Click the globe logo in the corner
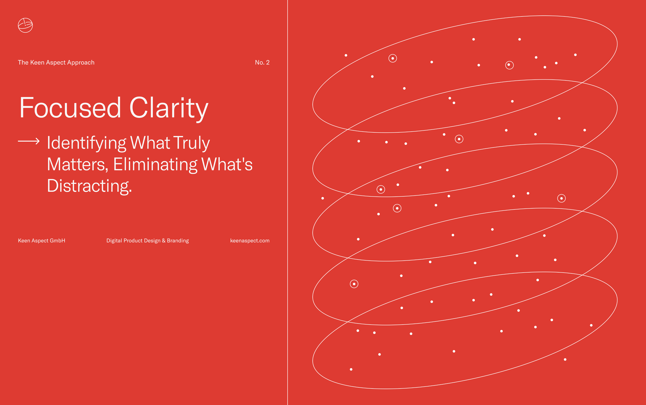tap(25, 25)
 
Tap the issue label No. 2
tap(262, 62)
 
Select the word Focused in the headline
tap(70, 108)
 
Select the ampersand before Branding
tap(164, 241)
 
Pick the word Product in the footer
tap(133, 241)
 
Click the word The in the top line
tap(23, 62)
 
